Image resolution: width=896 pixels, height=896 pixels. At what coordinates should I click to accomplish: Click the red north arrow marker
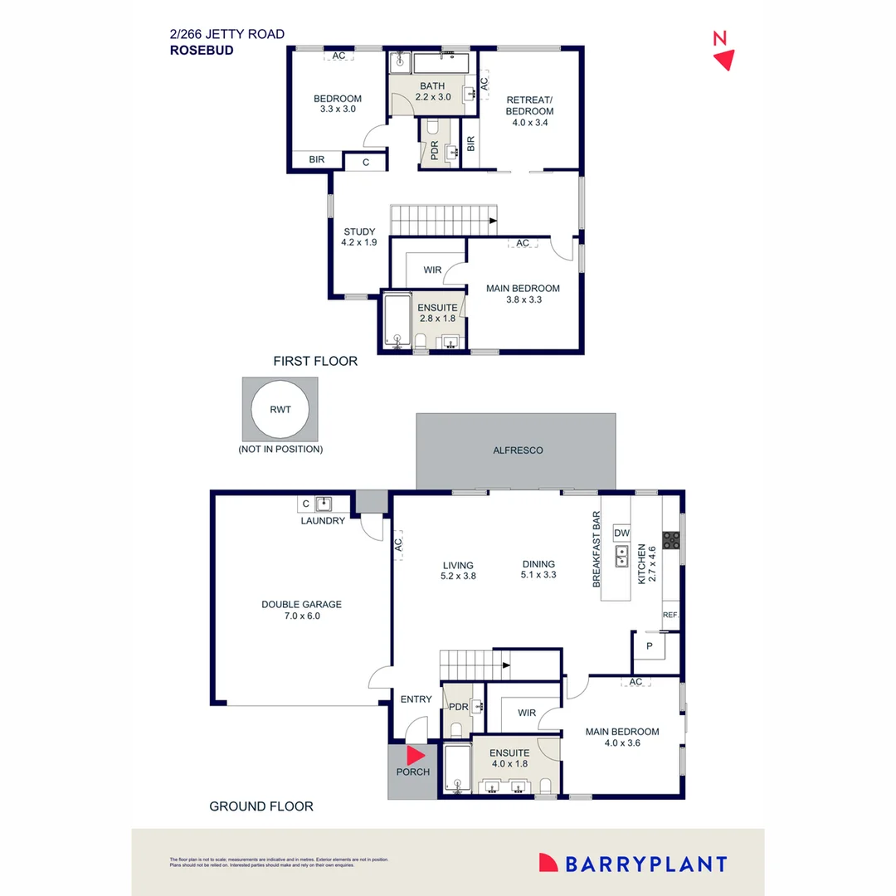[724, 59]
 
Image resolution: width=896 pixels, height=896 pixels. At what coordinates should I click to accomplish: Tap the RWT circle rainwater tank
[279, 410]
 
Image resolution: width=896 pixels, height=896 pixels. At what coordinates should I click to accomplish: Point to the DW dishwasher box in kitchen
[621, 533]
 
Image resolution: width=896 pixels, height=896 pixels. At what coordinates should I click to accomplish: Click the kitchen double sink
[621, 557]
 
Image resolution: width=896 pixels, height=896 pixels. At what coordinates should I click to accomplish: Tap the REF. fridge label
[670, 615]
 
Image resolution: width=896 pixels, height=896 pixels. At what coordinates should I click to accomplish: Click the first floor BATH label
[432, 86]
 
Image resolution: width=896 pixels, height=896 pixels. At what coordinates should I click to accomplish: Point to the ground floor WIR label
[526, 713]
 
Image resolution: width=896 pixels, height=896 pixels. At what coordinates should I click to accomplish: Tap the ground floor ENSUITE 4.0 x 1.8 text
[509, 758]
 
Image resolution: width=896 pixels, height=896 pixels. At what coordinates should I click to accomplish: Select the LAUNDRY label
[323, 521]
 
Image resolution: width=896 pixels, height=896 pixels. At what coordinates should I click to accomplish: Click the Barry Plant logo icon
[548, 863]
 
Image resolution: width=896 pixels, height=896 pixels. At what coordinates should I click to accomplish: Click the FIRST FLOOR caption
[315, 362]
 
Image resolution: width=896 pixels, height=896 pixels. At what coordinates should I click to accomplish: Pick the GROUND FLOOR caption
[261, 806]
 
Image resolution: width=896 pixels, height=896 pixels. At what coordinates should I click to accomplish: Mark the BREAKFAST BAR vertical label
[596, 550]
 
